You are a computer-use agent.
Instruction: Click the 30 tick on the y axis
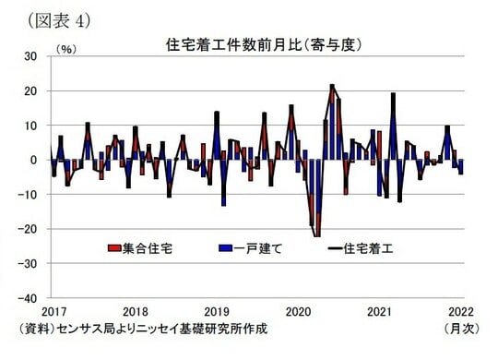(x=30, y=55)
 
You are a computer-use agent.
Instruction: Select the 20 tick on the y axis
(x=30, y=90)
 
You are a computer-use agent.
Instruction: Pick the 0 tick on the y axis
(x=33, y=160)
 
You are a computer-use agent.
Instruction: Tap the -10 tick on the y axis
(x=28, y=195)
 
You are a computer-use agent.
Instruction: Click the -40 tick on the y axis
(x=28, y=298)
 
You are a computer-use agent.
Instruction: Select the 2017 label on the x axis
(x=53, y=311)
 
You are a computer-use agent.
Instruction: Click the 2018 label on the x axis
(x=136, y=311)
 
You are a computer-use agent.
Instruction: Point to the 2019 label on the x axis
(x=217, y=311)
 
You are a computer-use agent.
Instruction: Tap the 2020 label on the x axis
(x=299, y=311)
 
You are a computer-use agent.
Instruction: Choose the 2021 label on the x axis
(x=380, y=311)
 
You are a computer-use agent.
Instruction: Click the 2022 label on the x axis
(x=461, y=311)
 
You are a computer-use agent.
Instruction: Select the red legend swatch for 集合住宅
(x=115, y=248)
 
